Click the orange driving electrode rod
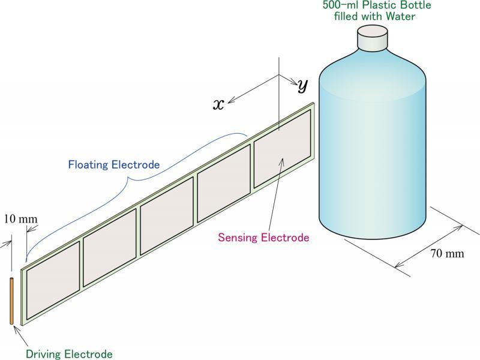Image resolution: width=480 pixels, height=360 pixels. (11, 301)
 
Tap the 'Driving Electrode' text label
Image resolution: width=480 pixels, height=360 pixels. (69, 354)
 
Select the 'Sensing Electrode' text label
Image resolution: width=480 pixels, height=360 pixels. (263, 238)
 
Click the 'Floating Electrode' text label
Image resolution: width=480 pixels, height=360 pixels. (113, 164)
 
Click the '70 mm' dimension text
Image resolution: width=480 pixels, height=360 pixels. (447, 253)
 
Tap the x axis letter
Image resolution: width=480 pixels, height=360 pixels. (219, 104)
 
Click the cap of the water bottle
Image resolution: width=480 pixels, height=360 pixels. (373, 39)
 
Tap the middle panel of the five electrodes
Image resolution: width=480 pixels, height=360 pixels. (166, 224)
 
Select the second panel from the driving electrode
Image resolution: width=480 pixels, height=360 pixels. (109, 253)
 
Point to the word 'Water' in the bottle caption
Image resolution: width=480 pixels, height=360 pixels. (401, 16)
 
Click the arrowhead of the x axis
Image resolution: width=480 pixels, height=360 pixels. (229, 101)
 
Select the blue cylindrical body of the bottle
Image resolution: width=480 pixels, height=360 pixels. (372, 150)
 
